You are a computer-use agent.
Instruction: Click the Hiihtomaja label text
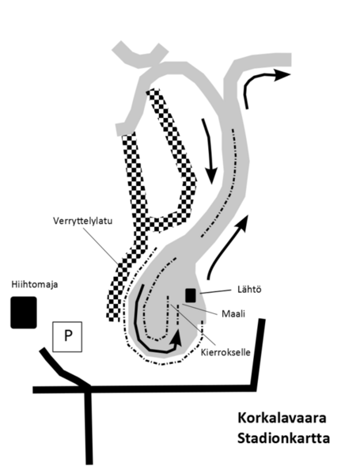coord(35,285)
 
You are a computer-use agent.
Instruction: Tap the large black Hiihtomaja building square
coord(24,313)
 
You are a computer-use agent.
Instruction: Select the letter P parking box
coord(67,336)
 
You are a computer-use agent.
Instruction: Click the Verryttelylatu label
coord(82,221)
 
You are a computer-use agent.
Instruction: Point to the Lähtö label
coord(249,290)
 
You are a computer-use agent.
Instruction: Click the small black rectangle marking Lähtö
coord(191,295)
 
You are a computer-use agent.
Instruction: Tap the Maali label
coord(233,314)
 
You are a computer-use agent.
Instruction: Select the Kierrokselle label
coord(225,352)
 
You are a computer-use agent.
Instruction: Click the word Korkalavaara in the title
coord(282,418)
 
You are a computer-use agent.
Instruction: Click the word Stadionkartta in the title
coord(283,438)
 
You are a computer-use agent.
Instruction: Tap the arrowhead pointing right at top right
coord(282,74)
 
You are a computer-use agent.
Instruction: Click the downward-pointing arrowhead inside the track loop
coord(211,175)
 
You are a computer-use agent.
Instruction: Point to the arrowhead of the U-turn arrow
coord(176,338)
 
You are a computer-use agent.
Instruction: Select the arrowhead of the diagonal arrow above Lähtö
coord(244,222)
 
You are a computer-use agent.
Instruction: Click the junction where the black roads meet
coord(88,389)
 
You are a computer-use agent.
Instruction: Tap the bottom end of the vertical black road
coord(89,462)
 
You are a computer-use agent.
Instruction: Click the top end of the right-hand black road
coord(262,320)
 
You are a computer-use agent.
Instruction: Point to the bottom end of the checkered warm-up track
coord(113,318)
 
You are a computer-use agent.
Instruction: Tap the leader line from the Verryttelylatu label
coord(100,245)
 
